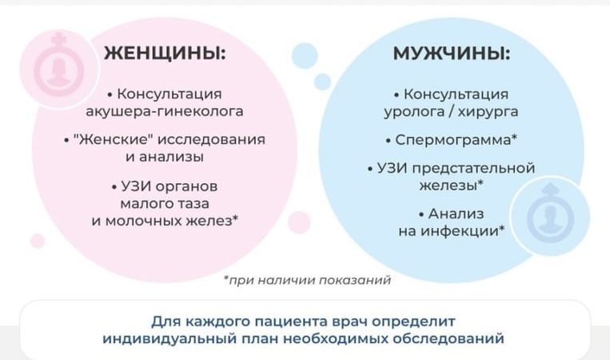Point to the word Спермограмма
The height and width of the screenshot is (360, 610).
tap(452, 139)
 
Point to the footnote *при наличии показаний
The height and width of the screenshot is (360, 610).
tap(307, 280)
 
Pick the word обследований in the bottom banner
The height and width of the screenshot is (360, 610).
tap(457, 338)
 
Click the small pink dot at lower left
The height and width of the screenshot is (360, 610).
tap(38, 240)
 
